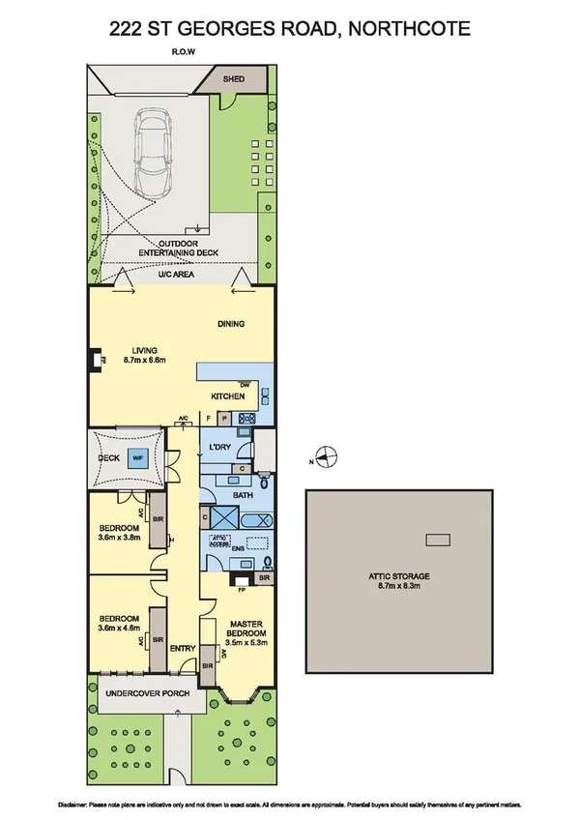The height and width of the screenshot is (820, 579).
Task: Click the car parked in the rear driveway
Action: tap(155, 149)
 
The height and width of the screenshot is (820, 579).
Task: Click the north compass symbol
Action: tap(328, 457)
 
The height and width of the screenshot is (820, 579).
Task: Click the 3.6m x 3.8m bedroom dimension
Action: tap(119, 537)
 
